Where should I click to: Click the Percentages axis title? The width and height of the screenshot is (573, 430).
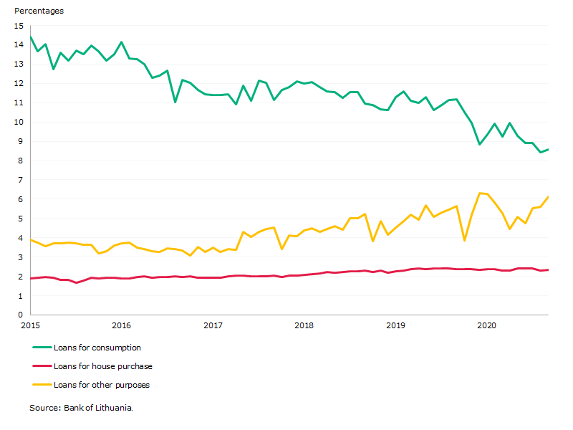(x=39, y=11)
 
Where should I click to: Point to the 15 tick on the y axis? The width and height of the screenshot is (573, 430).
(x=19, y=26)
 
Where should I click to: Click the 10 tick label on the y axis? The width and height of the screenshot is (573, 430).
(x=19, y=122)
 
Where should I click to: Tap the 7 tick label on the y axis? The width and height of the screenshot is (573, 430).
(x=21, y=180)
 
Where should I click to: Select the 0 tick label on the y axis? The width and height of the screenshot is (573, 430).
(x=21, y=315)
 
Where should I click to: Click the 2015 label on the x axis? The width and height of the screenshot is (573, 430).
(x=31, y=325)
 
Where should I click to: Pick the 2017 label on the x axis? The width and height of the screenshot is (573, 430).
(x=213, y=325)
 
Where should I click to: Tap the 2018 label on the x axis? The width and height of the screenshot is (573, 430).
(x=304, y=325)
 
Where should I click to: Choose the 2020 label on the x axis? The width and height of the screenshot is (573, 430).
(x=487, y=325)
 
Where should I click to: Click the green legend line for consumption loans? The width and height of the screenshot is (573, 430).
(x=42, y=347)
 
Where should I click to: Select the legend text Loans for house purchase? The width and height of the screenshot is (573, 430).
(x=103, y=366)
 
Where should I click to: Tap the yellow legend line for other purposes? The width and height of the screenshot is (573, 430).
(x=42, y=385)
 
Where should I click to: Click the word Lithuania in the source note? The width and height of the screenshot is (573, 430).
(x=114, y=408)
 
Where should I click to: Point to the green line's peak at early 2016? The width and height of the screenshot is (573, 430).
(x=122, y=42)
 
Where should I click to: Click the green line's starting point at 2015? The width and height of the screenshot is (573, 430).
(x=31, y=37)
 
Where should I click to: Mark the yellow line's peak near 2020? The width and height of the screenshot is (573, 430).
(x=479, y=193)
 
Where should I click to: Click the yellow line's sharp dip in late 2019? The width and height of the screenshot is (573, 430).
(x=464, y=241)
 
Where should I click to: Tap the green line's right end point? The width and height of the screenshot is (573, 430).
(x=548, y=149)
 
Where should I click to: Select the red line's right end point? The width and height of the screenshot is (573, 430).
(x=548, y=270)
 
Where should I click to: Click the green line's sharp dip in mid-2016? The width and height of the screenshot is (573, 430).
(x=175, y=102)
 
